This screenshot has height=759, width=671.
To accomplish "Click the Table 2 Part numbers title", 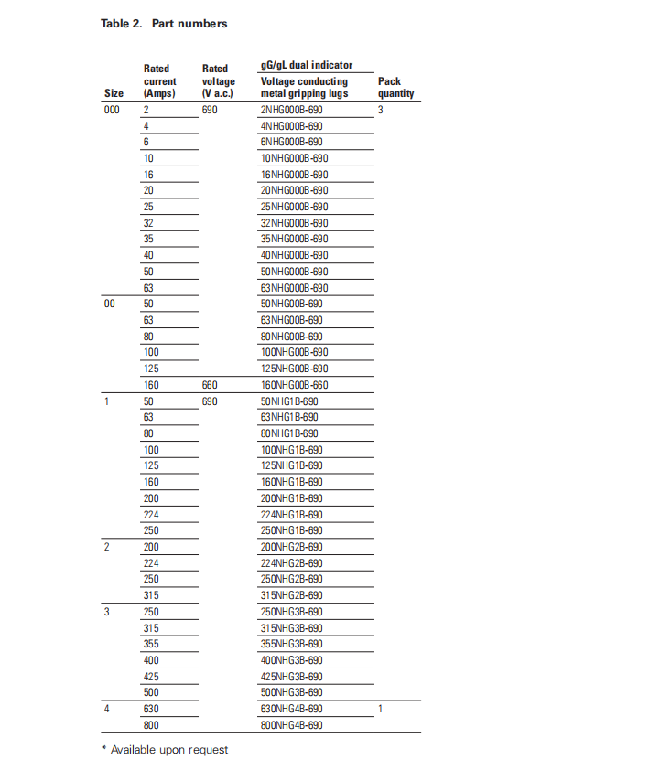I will (164, 24).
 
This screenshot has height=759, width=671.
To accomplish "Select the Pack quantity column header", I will (395, 87).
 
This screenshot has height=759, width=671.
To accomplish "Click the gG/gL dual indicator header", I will (306, 66).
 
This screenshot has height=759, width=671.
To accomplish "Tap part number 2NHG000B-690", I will (291, 110).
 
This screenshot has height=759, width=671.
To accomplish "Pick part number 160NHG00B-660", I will (294, 385).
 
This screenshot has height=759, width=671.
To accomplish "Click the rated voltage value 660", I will (210, 385).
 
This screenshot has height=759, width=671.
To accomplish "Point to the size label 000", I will (112, 110).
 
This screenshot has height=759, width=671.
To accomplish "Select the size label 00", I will (109, 304).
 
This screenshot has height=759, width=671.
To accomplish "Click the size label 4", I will (106, 709).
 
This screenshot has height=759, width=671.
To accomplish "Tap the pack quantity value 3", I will (381, 110).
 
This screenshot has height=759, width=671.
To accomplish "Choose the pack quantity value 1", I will (381, 709).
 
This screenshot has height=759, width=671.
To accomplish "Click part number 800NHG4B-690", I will (291, 725).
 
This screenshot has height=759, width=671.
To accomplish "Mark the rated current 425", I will (151, 677).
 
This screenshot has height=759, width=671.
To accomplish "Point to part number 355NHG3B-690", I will (291, 644).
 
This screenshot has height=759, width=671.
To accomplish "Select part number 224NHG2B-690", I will (291, 563).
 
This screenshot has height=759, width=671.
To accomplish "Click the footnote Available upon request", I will (164, 750).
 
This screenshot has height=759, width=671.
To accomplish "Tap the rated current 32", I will (148, 223).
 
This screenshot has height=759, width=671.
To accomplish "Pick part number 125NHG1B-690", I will (291, 465).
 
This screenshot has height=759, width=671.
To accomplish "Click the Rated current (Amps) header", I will (160, 81).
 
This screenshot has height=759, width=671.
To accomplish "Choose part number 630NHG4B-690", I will (291, 709).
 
